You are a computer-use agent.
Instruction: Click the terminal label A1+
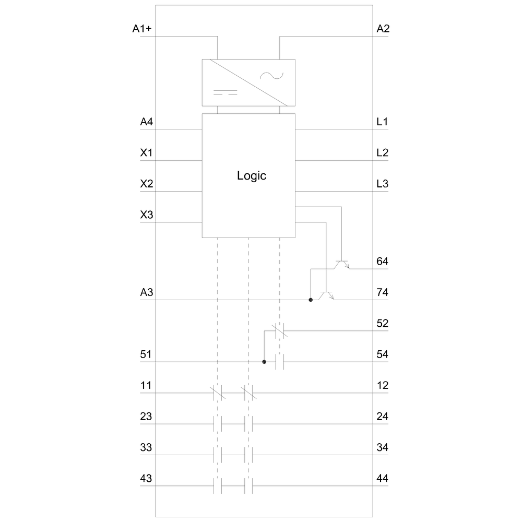142,29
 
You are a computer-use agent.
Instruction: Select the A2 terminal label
383,29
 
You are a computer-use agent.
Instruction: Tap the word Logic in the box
252,175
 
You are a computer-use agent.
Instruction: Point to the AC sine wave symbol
271,76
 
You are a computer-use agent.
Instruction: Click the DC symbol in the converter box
226,92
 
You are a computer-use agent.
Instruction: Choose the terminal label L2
382,152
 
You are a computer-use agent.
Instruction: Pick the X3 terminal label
147,215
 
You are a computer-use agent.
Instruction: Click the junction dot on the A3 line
311,300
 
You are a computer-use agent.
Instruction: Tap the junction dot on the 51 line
264,362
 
